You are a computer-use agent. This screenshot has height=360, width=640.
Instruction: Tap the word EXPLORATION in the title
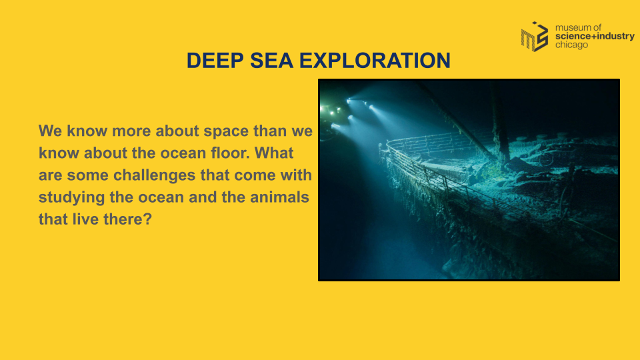(x=375, y=61)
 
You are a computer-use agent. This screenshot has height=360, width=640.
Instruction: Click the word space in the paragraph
(x=226, y=131)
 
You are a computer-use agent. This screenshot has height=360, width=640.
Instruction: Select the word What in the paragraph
(x=274, y=153)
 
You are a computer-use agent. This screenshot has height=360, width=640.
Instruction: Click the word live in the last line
(x=86, y=219)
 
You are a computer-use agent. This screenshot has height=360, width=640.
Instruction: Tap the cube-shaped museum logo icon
(x=535, y=37)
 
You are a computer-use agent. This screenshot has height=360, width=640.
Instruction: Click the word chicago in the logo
(x=571, y=45)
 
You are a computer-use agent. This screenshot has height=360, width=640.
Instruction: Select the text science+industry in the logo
(x=595, y=36)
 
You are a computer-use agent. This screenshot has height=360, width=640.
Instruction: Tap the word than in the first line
(x=270, y=131)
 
